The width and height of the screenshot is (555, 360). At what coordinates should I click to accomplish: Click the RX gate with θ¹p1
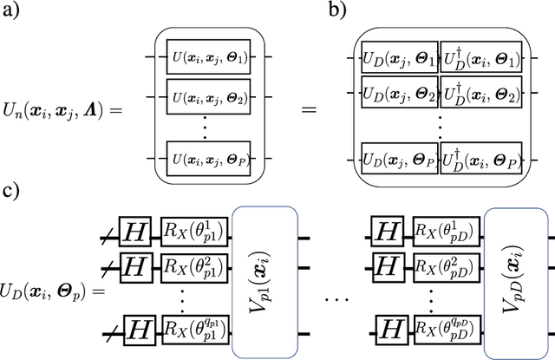tap(192, 232)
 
